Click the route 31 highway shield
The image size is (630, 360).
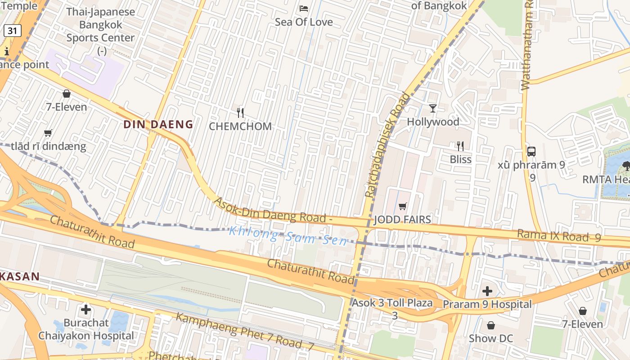coord(13,31)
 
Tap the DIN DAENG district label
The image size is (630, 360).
coord(158,125)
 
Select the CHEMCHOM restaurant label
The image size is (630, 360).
coord(240,126)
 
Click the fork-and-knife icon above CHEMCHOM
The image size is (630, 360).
coord(240,112)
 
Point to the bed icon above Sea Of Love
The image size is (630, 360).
coord(304,8)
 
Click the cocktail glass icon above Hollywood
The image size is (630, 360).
coord(433,108)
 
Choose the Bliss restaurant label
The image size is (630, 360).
coord(460,159)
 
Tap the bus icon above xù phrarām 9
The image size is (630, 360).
coord(531,151)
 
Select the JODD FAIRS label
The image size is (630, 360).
coord(402,220)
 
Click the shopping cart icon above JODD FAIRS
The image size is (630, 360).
coord(402,206)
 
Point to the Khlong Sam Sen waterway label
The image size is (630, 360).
coord(288,236)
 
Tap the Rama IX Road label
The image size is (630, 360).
coord(558,236)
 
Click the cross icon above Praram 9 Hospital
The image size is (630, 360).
coord(487,291)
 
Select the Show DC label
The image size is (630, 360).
coord(490,338)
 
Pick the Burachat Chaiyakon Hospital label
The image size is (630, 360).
coord(86,329)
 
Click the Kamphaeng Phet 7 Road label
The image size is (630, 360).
coord(244,332)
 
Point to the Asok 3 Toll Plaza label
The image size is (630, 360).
coord(392,303)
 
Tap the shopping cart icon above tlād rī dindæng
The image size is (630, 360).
coord(48,133)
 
